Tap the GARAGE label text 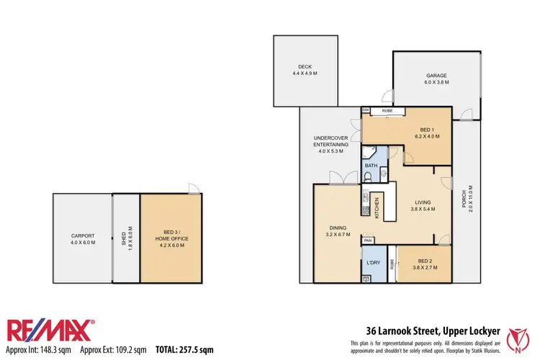[x=436, y=78]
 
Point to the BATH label [x=372, y=166]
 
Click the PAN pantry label [x=368, y=240]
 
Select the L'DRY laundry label [x=373, y=262]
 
